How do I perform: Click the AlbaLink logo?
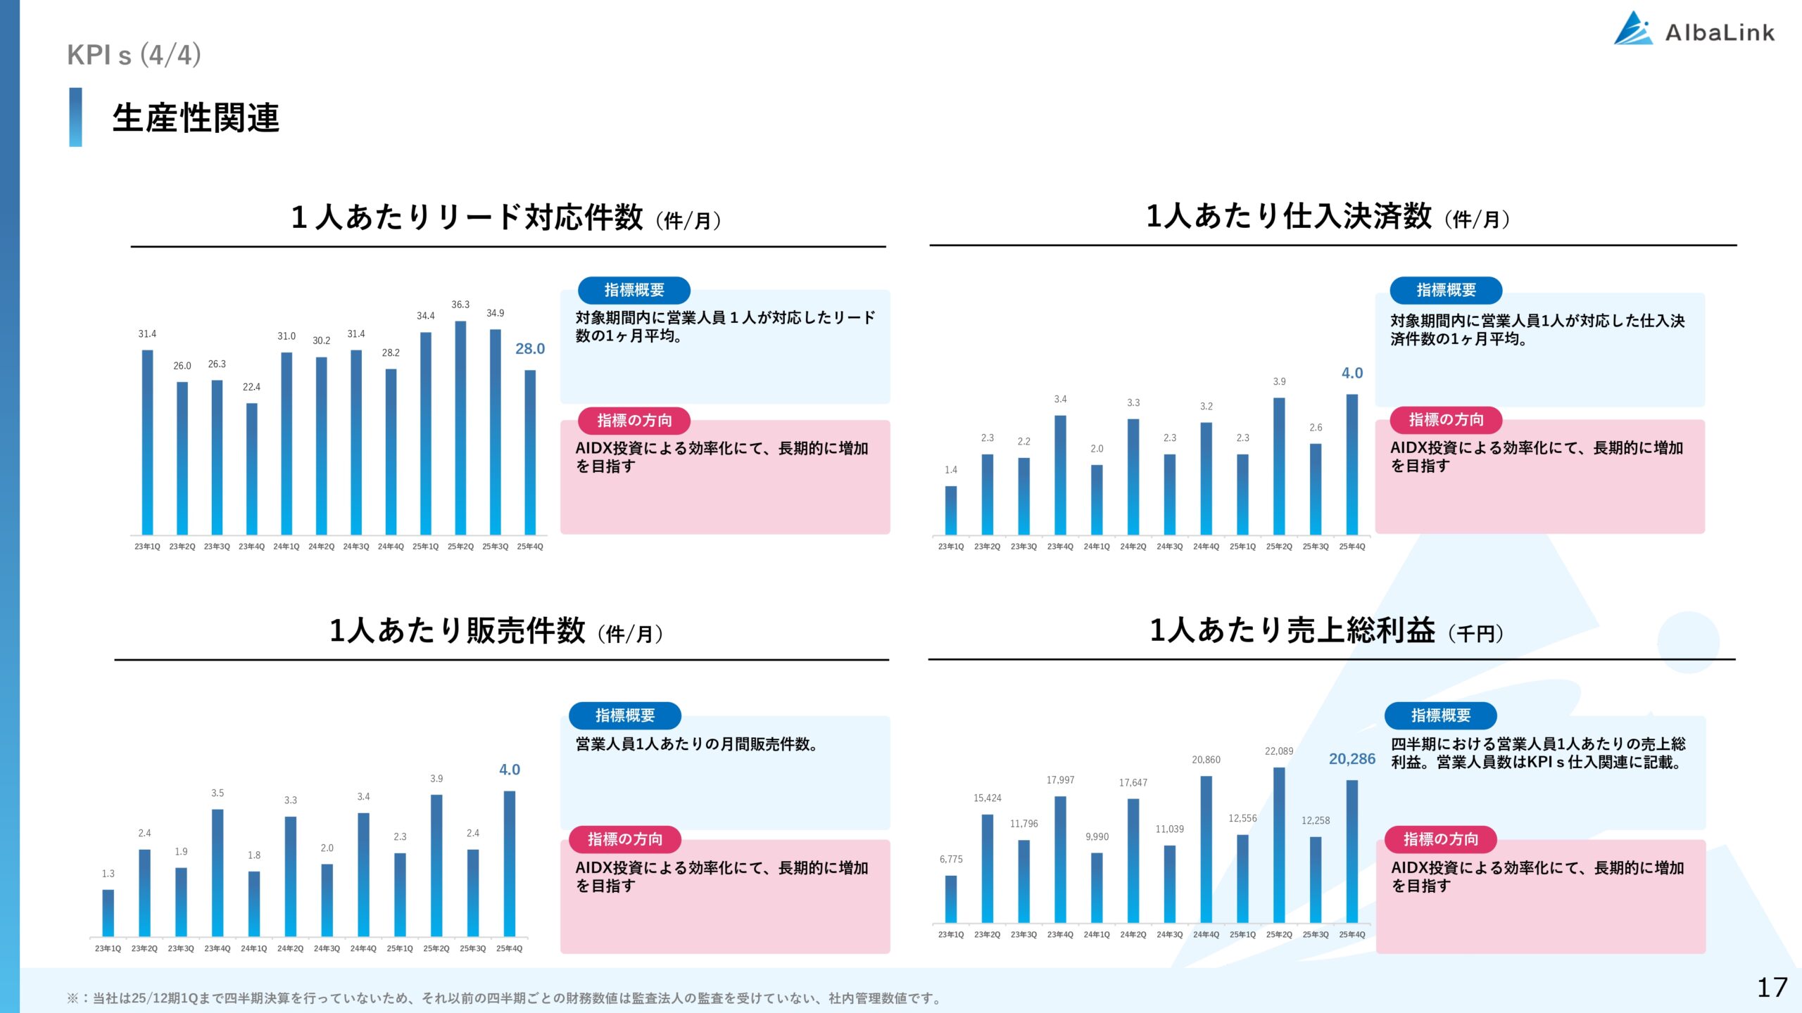(x=1694, y=30)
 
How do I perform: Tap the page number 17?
(x=1772, y=988)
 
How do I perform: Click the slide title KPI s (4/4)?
(x=134, y=55)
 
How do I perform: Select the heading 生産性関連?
(x=196, y=117)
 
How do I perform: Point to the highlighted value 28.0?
(x=530, y=349)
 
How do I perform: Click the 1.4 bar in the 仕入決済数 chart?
(x=951, y=510)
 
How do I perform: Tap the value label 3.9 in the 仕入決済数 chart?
(x=1279, y=382)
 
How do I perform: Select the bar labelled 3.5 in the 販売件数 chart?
(x=218, y=872)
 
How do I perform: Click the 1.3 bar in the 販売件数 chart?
(x=108, y=912)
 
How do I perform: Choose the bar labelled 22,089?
(x=1279, y=844)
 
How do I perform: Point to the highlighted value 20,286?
(x=1351, y=759)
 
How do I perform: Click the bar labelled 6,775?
(x=951, y=899)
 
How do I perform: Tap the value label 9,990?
(x=1097, y=837)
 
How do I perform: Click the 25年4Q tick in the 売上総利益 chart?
(x=1351, y=935)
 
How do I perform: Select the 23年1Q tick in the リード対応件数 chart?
(x=147, y=547)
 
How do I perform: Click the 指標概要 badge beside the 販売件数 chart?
(x=625, y=715)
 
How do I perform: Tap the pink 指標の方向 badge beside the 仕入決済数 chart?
(x=1446, y=420)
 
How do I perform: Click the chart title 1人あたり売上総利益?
(x=1292, y=630)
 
